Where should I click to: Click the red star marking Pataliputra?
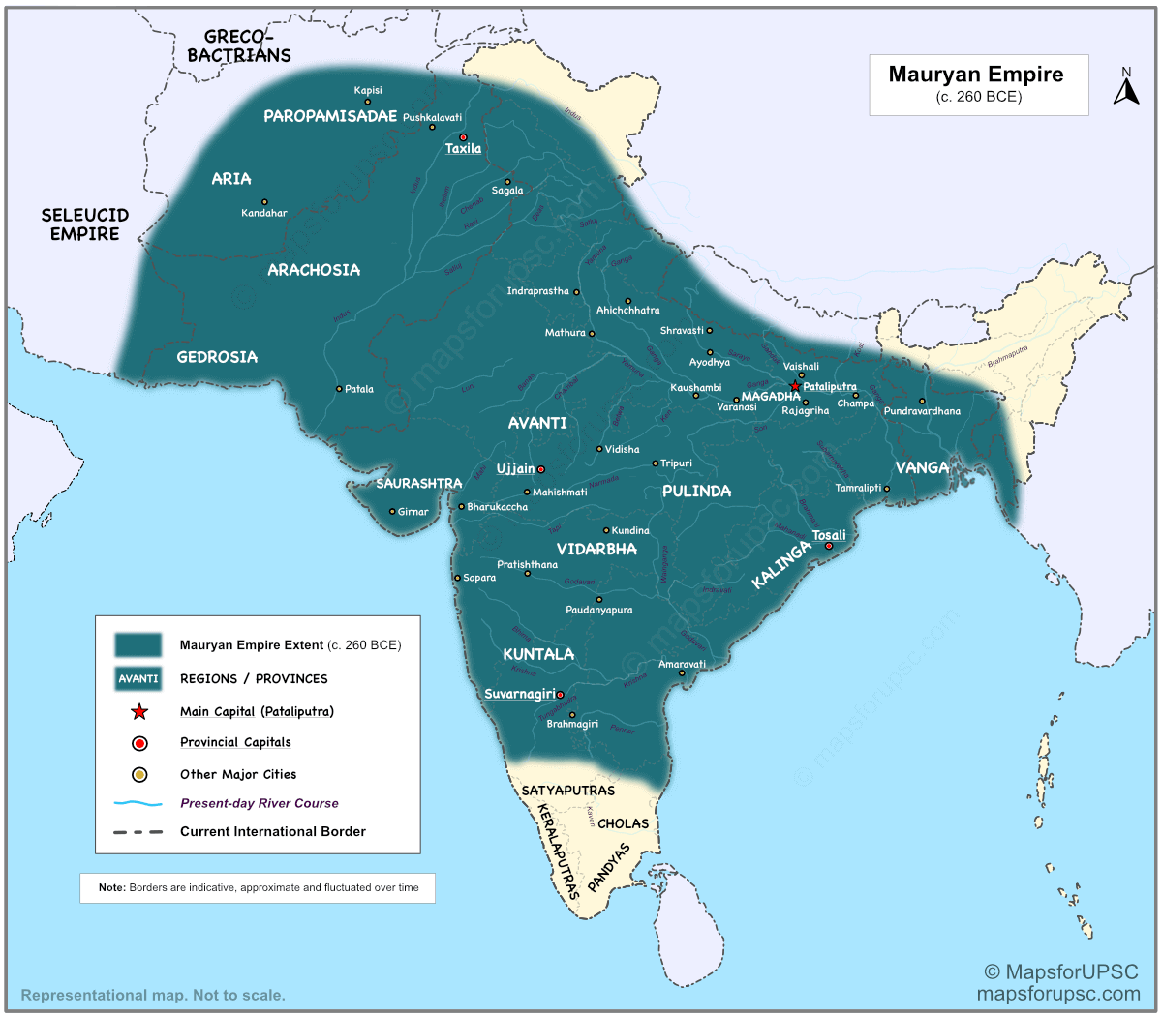pyautogui.click(x=795, y=386)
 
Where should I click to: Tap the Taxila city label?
pyautogui.click(x=463, y=149)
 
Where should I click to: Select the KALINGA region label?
pyautogui.click(x=781, y=566)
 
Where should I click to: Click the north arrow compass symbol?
pyautogui.click(x=1125, y=89)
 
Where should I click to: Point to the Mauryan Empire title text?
pyautogui.click(x=976, y=75)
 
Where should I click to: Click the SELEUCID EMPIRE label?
pyautogui.click(x=84, y=224)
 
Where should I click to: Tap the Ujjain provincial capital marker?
pyautogui.click(x=541, y=469)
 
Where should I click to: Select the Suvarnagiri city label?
pyautogui.click(x=520, y=694)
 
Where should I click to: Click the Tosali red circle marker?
pyautogui.click(x=828, y=547)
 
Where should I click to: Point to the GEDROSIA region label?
pyautogui.click(x=217, y=357)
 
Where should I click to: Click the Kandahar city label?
pyautogui.click(x=264, y=213)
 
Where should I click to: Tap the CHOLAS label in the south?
pyautogui.click(x=624, y=823)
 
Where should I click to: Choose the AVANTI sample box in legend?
pyautogui.click(x=138, y=678)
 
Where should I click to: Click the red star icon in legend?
pyautogui.click(x=139, y=712)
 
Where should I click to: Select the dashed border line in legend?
pyautogui.click(x=138, y=831)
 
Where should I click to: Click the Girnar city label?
pyautogui.click(x=413, y=512)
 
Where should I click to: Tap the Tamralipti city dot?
pyautogui.click(x=887, y=489)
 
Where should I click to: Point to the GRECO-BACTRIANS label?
pyautogui.click(x=239, y=46)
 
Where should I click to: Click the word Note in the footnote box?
pyautogui.click(x=111, y=887)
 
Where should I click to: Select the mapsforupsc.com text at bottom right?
pyautogui.click(x=1058, y=994)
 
